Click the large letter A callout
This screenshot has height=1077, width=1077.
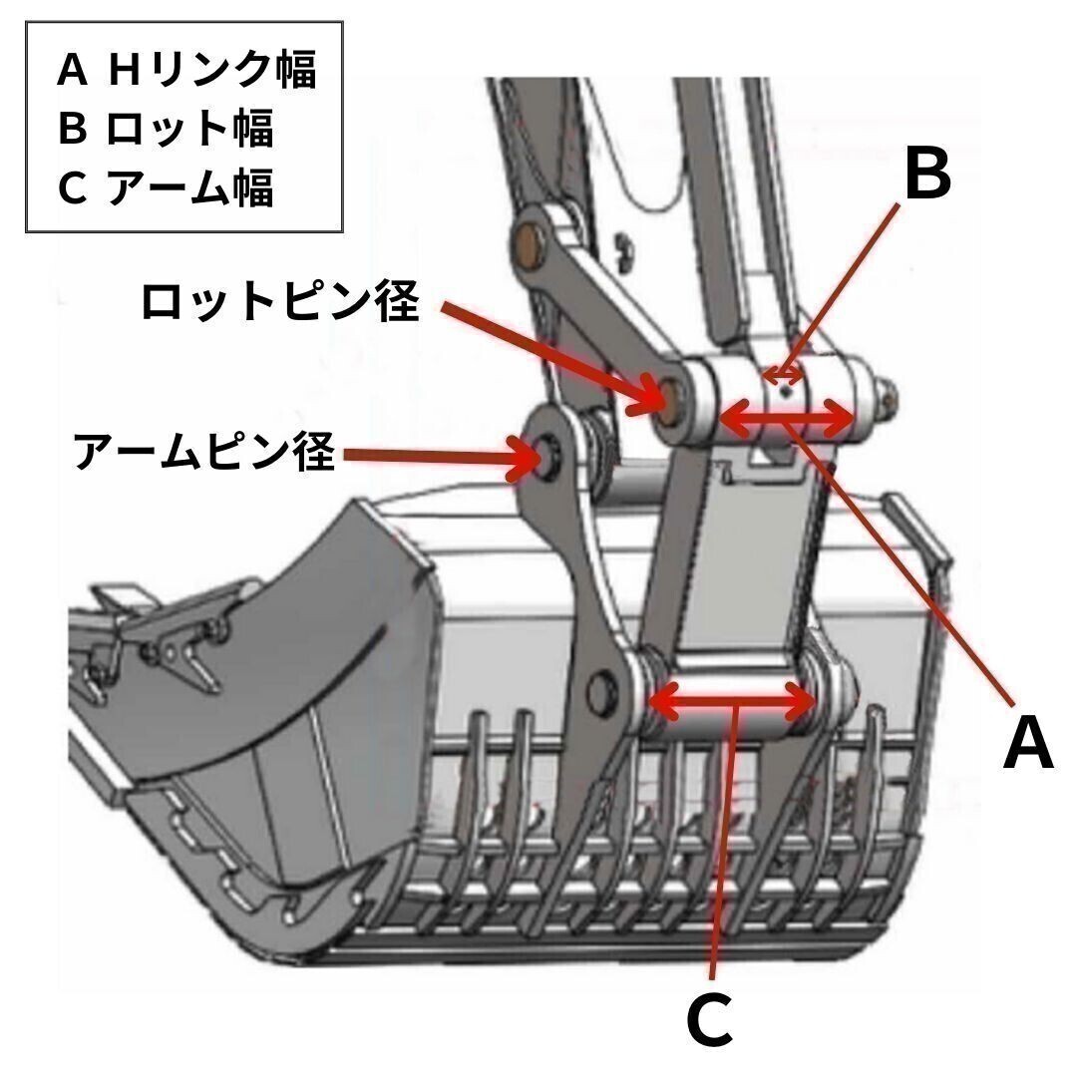(1027, 744)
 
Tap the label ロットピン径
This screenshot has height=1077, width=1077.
(279, 302)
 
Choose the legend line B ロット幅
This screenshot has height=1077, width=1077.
(166, 129)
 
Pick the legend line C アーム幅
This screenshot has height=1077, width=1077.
(166, 188)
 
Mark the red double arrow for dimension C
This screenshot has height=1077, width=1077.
(733, 702)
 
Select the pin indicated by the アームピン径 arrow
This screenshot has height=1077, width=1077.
(547, 457)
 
